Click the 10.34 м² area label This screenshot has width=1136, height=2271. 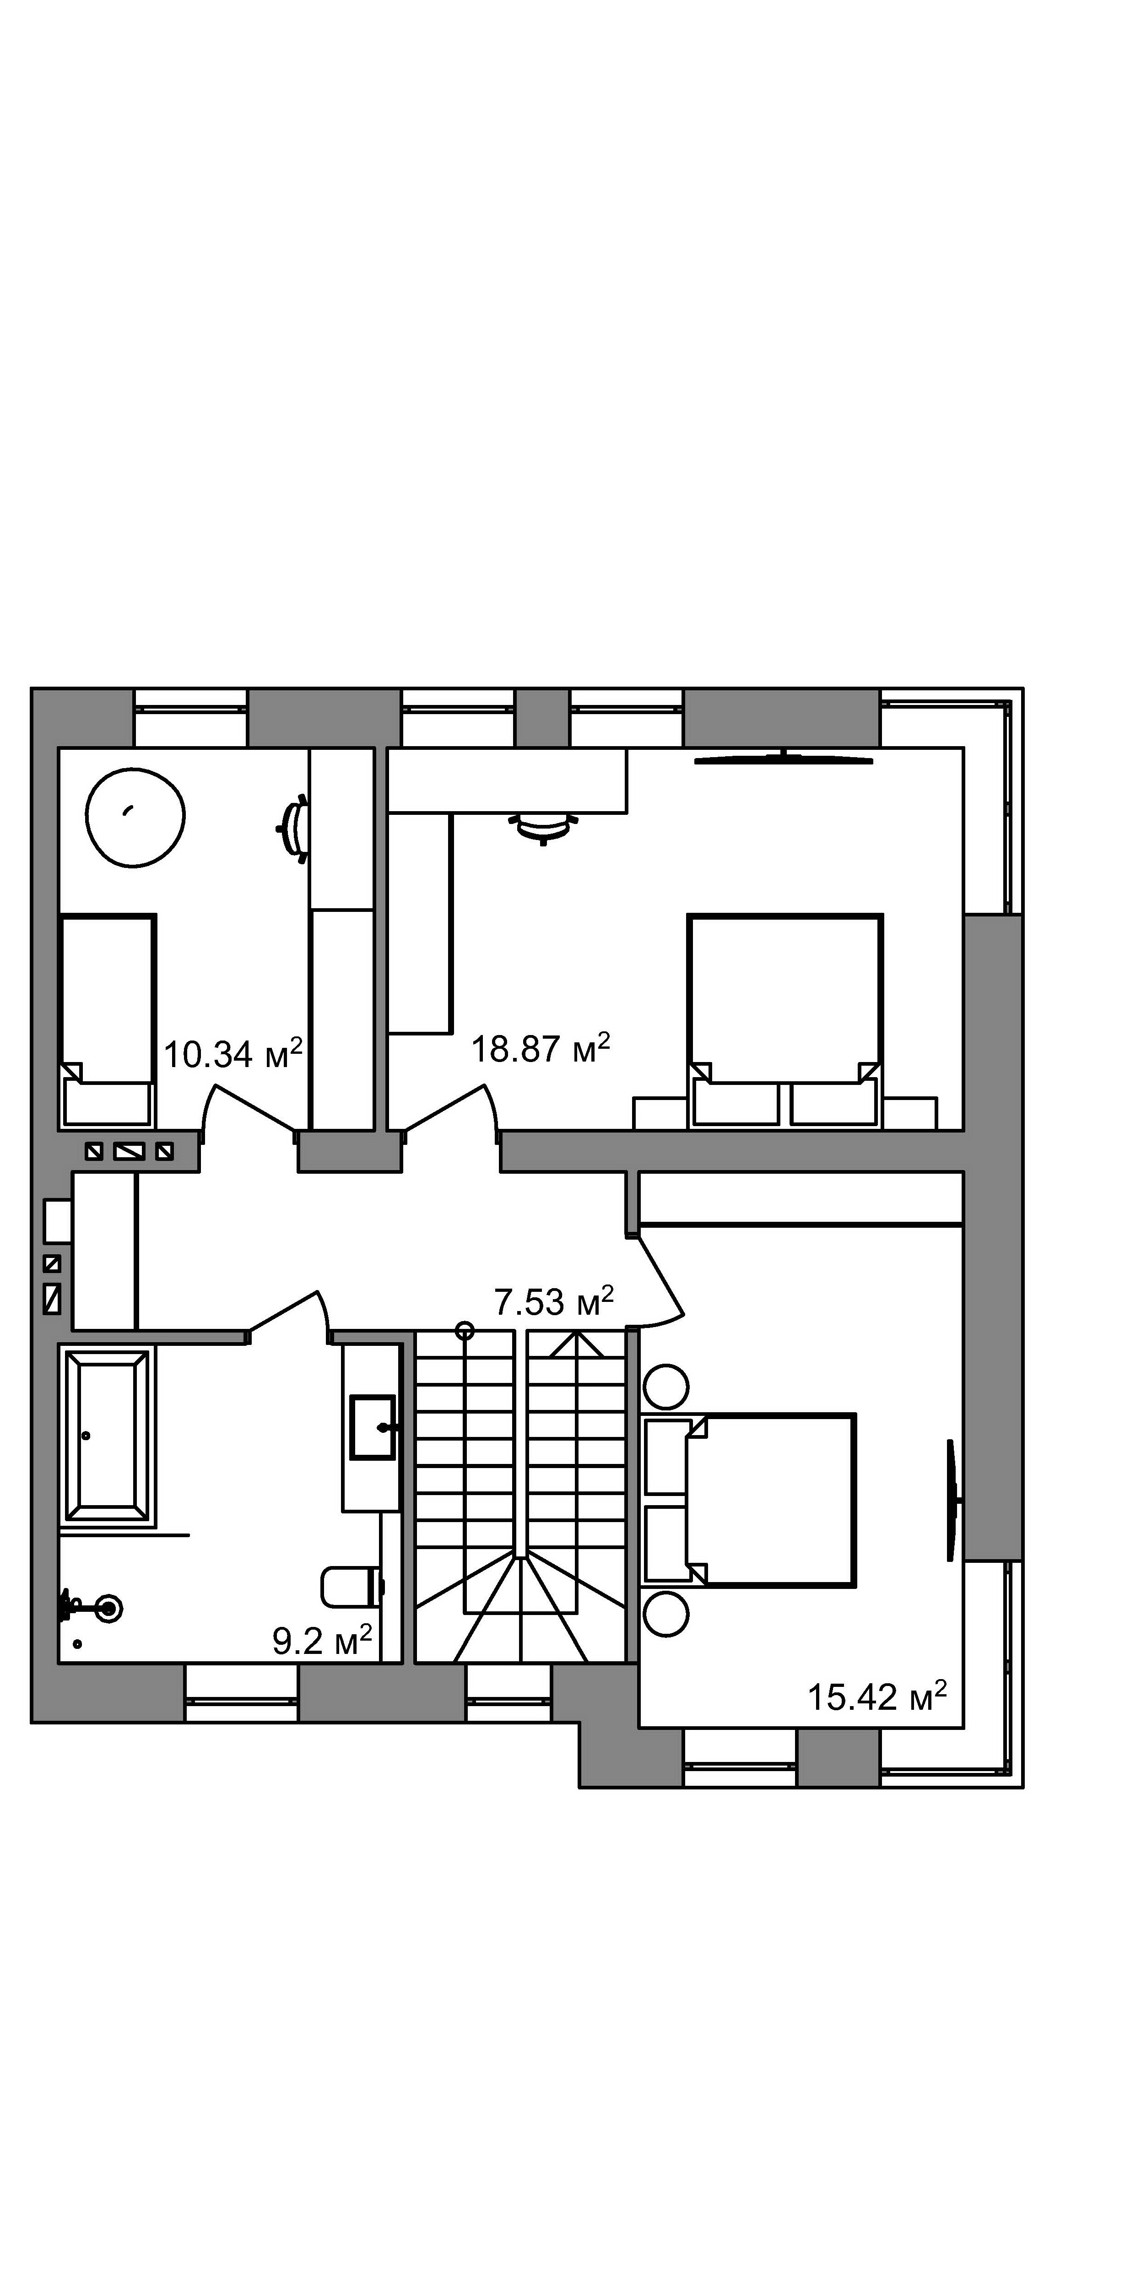click(x=233, y=1053)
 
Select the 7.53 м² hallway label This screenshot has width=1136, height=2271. click(x=553, y=1301)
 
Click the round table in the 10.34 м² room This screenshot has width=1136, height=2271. click(x=135, y=817)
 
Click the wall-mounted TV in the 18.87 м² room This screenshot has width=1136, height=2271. click(x=784, y=758)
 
